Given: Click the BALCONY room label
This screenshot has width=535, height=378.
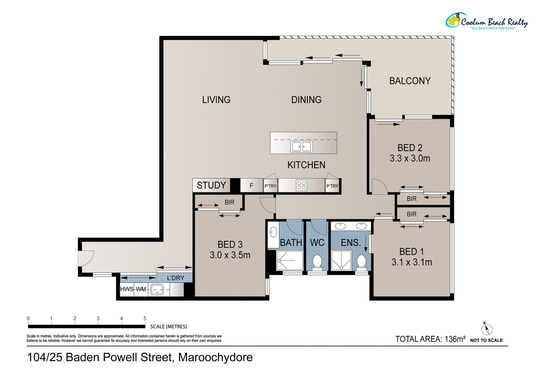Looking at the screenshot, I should coord(410,81).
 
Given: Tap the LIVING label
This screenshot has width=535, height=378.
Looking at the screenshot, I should coord(216,100).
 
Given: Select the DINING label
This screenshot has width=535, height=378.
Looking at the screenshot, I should coord(306,100).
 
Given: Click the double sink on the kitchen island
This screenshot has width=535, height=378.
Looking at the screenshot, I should coord(302,146).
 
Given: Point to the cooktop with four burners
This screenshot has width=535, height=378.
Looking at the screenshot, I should coord(301,185).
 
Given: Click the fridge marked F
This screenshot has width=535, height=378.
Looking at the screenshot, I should coord(251,185).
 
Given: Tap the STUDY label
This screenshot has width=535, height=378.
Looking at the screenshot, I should coord(211,185).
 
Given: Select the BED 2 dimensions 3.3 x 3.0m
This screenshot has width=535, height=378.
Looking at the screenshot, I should coord(410,158).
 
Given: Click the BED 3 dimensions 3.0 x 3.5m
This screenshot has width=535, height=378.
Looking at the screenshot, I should coord(230,255).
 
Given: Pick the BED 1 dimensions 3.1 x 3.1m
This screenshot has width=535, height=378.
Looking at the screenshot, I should coord(412,262).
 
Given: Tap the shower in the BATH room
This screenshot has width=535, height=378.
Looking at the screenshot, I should coord(290,261).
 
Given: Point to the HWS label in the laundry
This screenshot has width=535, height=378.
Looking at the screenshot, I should coord(127,289).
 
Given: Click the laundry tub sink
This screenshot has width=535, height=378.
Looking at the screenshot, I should coord(157,290).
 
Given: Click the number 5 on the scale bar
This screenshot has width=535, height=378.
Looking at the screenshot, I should coord(145,319).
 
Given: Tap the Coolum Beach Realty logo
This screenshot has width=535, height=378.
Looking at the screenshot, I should coord(486,21).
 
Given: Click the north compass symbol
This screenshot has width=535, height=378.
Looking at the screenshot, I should coord(487,328).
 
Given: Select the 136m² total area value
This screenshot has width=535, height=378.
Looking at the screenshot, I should coord(455,339).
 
